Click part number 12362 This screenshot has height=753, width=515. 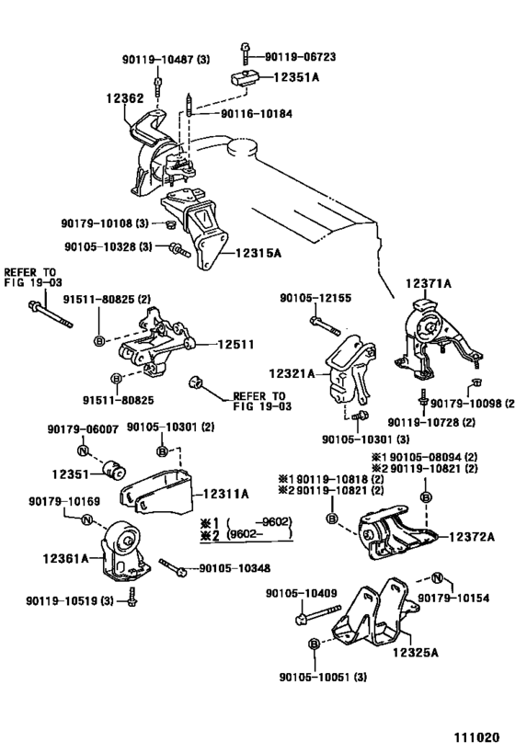(x=125, y=98)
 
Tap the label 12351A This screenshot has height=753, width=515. (x=296, y=77)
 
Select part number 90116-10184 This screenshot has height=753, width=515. (x=257, y=114)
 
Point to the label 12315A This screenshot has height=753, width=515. (x=258, y=253)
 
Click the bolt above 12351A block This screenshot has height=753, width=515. (x=246, y=53)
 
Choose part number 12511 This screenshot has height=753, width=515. (x=235, y=345)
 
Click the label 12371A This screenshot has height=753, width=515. (x=429, y=284)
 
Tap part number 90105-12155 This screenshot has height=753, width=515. (x=315, y=298)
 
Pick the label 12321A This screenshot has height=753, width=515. (x=292, y=373)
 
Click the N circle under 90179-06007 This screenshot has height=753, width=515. (x=83, y=451)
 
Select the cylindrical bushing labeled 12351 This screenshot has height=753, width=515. (x=114, y=470)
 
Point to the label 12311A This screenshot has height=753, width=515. (x=226, y=494)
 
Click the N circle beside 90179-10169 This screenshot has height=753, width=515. (x=86, y=519)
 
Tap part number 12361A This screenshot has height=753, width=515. (x=66, y=558)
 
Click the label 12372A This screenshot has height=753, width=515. (x=472, y=536)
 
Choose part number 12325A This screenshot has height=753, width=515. (x=416, y=652)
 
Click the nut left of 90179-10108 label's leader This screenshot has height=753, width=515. (x=169, y=223)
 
